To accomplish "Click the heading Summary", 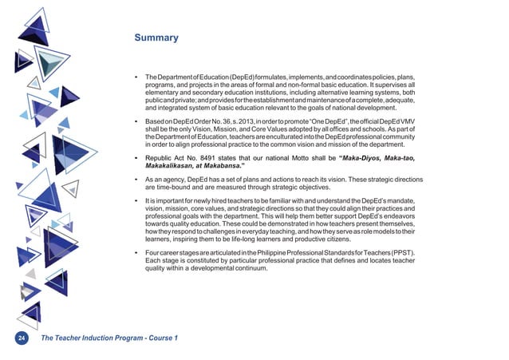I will [x=156, y=38].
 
